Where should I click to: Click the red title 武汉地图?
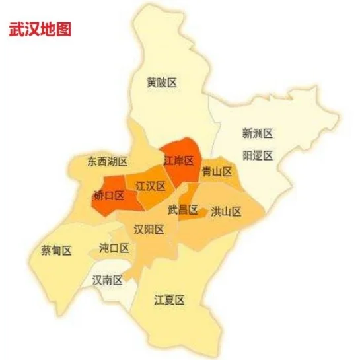pyautogui.click(x=40, y=30)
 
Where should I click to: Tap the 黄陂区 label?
pyautogui.click(x=163, y=83)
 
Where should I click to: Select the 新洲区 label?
pyautogui.click(x=257, y=133)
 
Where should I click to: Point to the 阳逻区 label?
pyautogui.click(x=257, y=155)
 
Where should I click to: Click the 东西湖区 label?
pyautogui.click(x=107, y=161)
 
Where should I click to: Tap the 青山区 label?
pyautogui.click(x=217, y=172)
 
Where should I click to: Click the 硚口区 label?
pyautogui.click(x=109, y=196)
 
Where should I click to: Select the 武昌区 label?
pyautogui.click(x=183, y=211)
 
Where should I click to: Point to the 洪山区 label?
pyautogui.click(x=227, y=212)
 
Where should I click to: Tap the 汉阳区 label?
pyautogui.click(x=149, y=229)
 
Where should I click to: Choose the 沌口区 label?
pyautogui.click(x=114, y=248)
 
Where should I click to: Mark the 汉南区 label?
pyautogui.click(x=108, y=281)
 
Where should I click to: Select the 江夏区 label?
pyautogui.click(x=169, y=300)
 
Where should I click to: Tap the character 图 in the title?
pyautogui.click(x=63, y=30)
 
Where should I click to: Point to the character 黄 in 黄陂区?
pyautogui.click(x=152, y=83)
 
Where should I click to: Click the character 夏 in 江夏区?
pyautogui.click(x=169, y=300)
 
